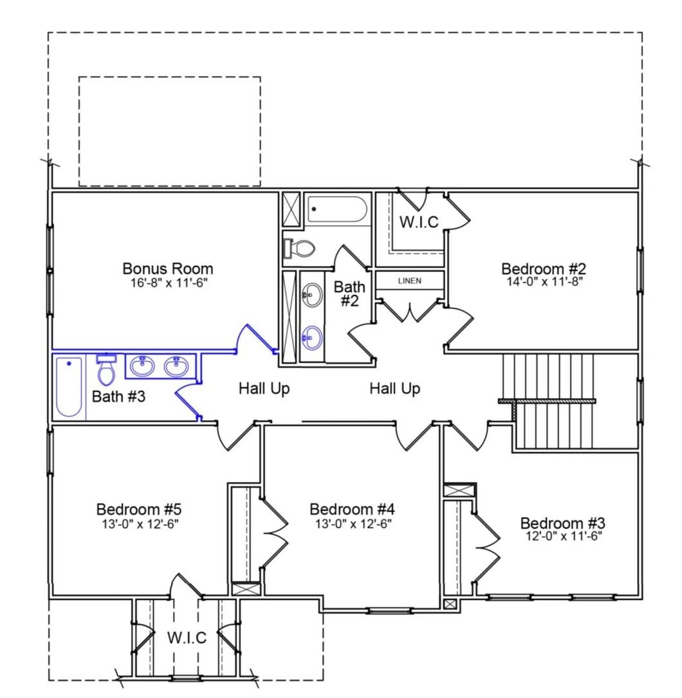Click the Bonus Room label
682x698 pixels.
(x=168, y=268)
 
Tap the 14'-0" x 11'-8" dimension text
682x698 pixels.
(x=544, y=281)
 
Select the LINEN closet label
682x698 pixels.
(x=410, y=281)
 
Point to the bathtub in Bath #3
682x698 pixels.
(x=69, y=386)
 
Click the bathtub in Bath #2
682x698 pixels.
(x=337, y=209)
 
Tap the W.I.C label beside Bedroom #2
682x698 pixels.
(x=419, y=222)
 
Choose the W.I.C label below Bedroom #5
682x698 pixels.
(x=187, y=637)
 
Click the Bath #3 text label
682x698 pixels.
(x=119, y=396)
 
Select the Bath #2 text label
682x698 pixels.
(x=349, y=293)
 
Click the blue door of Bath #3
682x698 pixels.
(x=187, y=399)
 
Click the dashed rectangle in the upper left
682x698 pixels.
(x=169, y=131)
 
